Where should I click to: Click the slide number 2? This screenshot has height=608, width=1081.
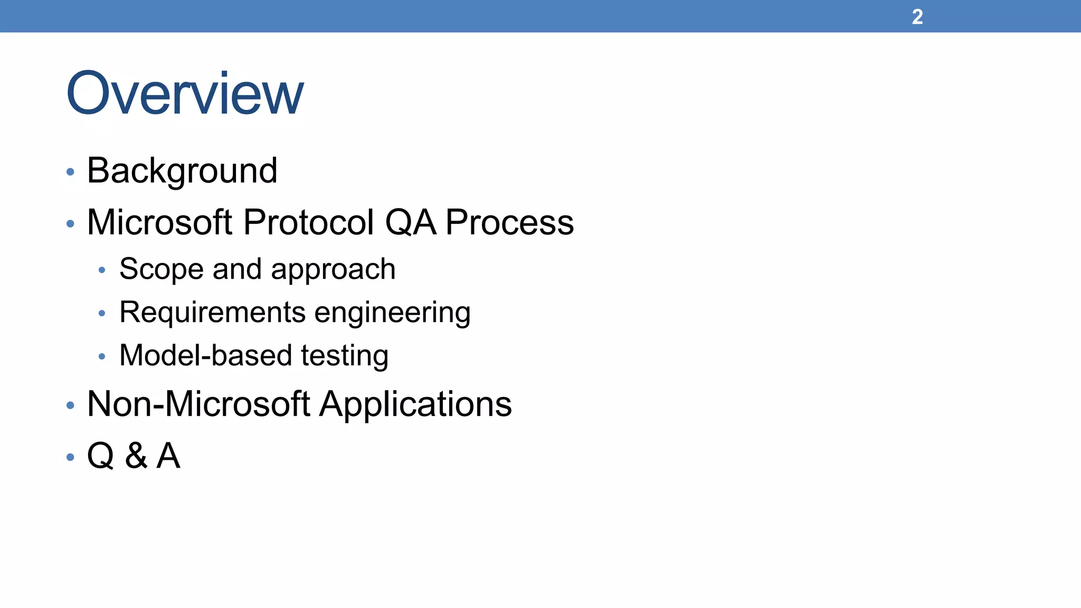click(917, 17)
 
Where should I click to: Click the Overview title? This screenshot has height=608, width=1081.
click(185, 93)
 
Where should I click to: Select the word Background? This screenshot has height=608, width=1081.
click(182, 171)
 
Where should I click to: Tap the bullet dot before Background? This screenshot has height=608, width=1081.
click(70, 172)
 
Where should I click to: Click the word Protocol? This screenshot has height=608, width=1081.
click(309, 222)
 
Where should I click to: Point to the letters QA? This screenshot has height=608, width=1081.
click(411, 222)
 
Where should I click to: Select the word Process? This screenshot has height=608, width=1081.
click(509, 222)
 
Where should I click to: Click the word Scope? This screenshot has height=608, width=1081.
click(161, 269)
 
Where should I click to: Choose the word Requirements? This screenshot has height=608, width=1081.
click(212, 312)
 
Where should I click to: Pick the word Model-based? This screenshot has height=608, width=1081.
click(205, 355)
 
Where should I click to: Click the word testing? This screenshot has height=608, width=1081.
click(345, 356)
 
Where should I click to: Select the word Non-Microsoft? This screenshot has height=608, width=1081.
click(198, 404)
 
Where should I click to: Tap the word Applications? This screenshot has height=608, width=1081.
click(415, 405)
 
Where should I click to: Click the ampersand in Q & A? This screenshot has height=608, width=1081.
click(136, 455)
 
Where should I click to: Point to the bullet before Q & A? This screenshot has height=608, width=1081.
click(70, 457)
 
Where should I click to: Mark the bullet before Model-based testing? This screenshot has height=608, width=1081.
click(102, 357)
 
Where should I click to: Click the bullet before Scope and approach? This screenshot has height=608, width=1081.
click(102, 271)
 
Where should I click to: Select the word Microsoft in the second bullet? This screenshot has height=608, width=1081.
click(159, 222)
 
